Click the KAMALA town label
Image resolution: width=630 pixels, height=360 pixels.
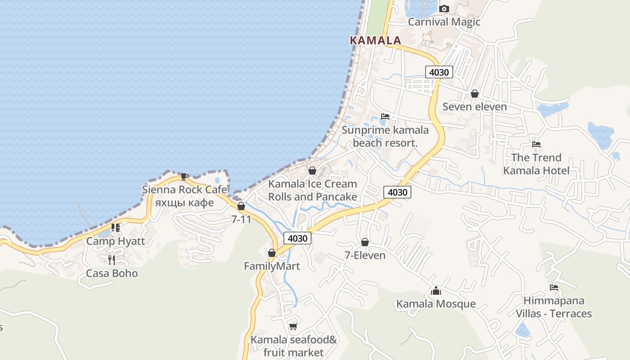pyautogui.click(x=375, y=40)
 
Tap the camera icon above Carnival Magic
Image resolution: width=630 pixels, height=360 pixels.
pyautogui.click(x=444, y=9)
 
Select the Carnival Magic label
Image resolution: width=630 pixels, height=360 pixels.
pyautogui.click(x=444, y=22)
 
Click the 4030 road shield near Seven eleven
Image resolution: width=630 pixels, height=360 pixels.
pyautogui.click(x=439, y=72)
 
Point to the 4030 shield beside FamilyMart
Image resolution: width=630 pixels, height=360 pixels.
pyautogui.click(x=297, y=238)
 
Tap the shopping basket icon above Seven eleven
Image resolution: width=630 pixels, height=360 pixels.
pyautogui.click(x=474, y=94)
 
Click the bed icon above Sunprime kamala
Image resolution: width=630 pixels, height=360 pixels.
pyautogui.click(x=385, y=116)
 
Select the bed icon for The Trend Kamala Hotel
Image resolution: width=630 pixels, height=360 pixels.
pyautogui.click(x=536, y=144)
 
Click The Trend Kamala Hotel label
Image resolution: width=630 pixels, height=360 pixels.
pyautogui.click(x=536, y=164)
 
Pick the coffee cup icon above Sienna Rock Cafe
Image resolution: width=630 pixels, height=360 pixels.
pyautogui.click(x=184, y=176)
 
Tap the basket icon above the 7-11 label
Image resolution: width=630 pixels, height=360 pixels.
pyautogui.click(x=241, y=206)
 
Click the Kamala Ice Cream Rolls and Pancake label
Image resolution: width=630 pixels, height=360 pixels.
pyautogui.click(x=313, y=190)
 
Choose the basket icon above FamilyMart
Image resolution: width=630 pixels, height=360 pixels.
pyautogui.click(x=272, y=253)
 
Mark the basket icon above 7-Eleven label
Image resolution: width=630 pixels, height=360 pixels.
pyautogui.click(x=365, y=242)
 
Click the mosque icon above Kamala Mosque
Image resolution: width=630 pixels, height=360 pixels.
pyautogui.click(x=436, y=291)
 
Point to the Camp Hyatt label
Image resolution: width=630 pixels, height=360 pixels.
pyautogui.click(x=116, y=241)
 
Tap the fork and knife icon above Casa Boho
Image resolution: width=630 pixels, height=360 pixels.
pyautogui.click(x=112, y=260)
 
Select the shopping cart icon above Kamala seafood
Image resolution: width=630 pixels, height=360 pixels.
pyautogui.click(x=293, y=326)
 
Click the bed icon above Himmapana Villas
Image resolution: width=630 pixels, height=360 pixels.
pyautogui.click(x=554, y=288)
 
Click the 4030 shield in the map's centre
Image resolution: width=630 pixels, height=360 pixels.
pyautogui.click(x=397, y=192)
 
